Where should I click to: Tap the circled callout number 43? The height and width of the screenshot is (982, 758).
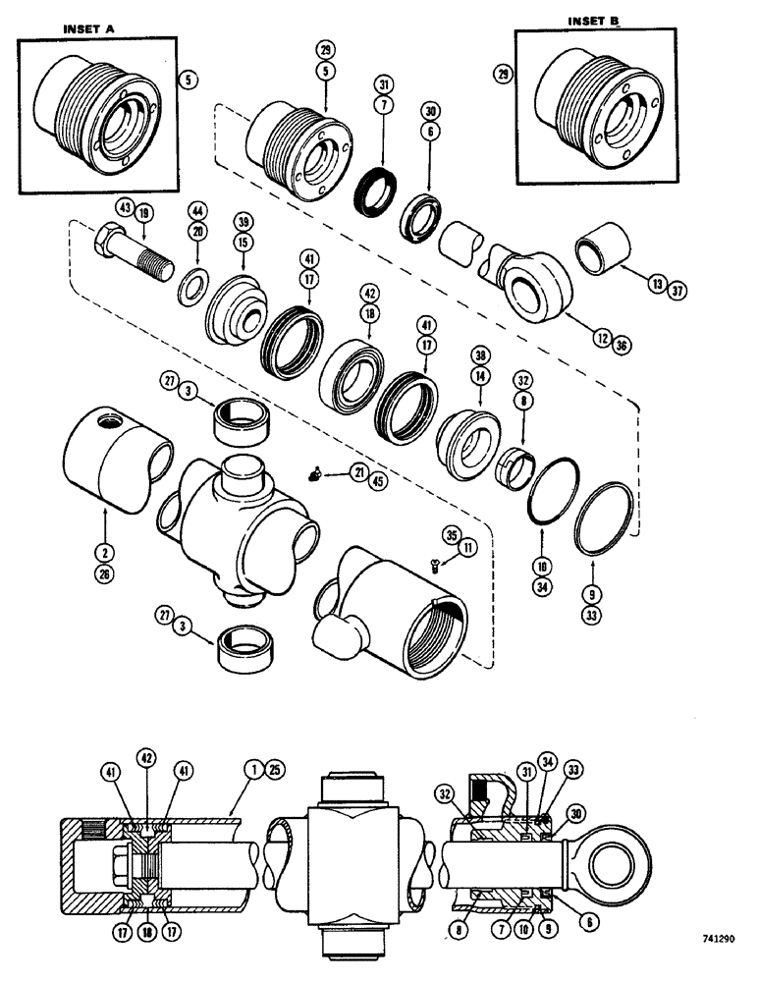(x=124, y=209)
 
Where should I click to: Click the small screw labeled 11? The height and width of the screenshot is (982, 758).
(x=436, y=564)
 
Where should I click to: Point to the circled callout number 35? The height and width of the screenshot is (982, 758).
(x=449, y=536)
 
